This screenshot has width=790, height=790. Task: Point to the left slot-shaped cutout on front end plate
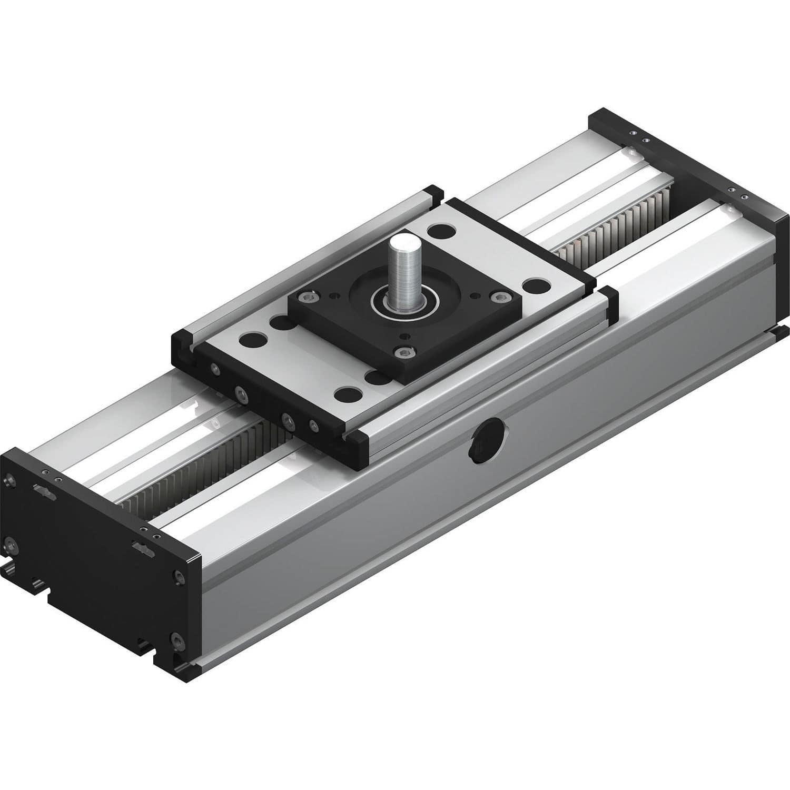(44, 490)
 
